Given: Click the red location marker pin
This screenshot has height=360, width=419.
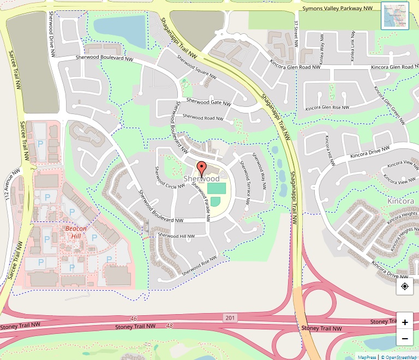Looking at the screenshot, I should pos(202,169).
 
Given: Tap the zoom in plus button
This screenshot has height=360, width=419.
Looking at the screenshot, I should pos(405,322).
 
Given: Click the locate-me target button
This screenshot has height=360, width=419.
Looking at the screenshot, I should pos(405,286).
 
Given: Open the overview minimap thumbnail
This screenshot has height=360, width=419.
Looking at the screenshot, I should pos(394,16).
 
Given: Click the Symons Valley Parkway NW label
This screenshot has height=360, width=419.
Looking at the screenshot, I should pos(338,9).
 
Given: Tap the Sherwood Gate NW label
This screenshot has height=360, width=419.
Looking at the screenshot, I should pos(208,102).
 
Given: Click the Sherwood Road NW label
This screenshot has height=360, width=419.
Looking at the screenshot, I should pos(202,117).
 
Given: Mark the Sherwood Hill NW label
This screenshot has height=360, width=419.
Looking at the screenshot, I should pos(176,235).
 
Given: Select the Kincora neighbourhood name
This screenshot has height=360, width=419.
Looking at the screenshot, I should pos(400,201).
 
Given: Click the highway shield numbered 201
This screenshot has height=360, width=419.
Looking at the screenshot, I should pos(230,317).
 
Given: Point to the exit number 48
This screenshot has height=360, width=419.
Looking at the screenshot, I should pos(169,325).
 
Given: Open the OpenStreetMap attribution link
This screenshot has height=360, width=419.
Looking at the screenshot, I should pos(398,357).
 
